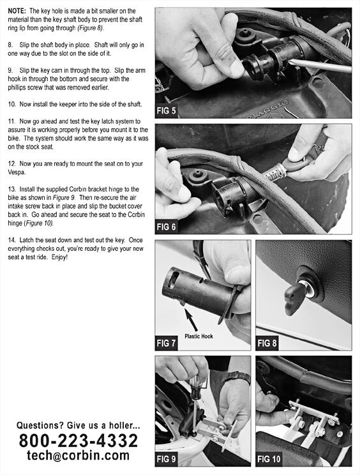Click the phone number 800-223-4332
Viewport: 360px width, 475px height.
[78, 441]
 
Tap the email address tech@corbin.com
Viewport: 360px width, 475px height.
[78, 456]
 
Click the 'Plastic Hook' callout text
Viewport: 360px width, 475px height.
[199, 334]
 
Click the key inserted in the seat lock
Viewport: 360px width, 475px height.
[296, 295]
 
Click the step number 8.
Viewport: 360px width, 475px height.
[11, 45]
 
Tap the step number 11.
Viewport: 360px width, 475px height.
[12, 121]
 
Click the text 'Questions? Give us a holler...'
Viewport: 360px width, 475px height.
[78, 425]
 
